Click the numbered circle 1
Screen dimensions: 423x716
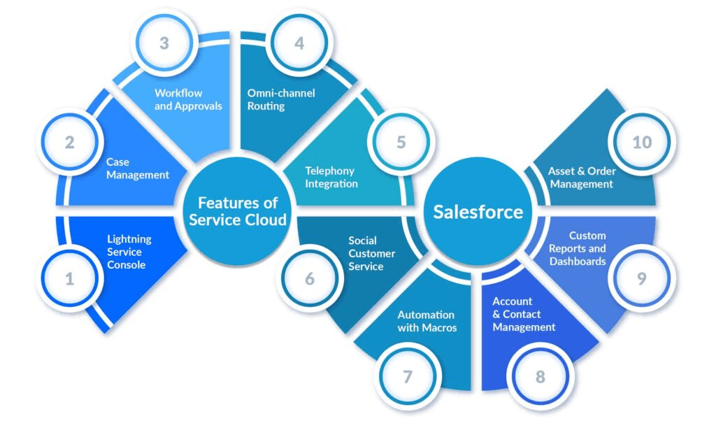click(69, 280)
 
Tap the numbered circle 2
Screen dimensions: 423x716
click(69, 143)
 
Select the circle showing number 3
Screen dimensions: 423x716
click(164, 43)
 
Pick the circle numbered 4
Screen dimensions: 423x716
click(299, 43)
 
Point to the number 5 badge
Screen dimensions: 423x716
click(401, 143)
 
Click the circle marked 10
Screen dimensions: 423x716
click(641, 143)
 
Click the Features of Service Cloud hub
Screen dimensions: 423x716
click(238, 211)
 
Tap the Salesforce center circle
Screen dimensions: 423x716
click(478, 212)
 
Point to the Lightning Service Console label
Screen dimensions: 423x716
click(129, 252)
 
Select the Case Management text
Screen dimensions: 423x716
click(138, 169)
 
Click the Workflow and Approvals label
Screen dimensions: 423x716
click(188, 99)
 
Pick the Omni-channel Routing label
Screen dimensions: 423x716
click(281, 99)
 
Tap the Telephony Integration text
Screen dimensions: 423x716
click(331, 177)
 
